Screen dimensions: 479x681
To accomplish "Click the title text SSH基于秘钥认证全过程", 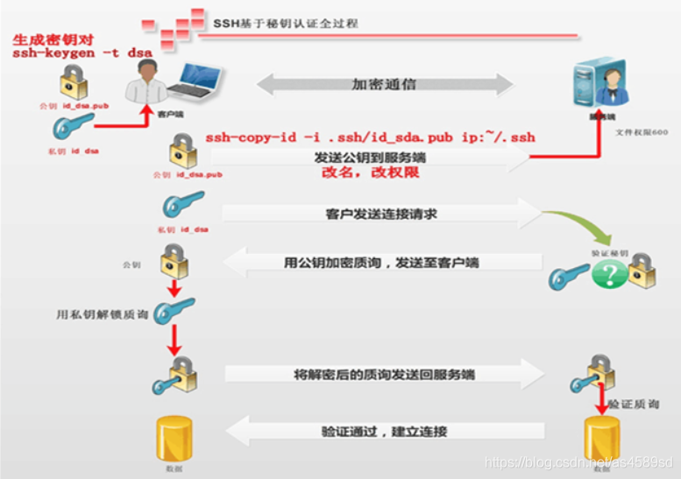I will tap(285, 23).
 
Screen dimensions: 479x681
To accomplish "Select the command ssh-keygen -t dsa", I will tap(82, 53).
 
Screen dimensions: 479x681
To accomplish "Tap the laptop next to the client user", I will tap(193, 81).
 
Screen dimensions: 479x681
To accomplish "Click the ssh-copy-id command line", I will tap(370, 137).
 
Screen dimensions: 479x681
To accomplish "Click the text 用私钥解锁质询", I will tap(92, 312).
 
